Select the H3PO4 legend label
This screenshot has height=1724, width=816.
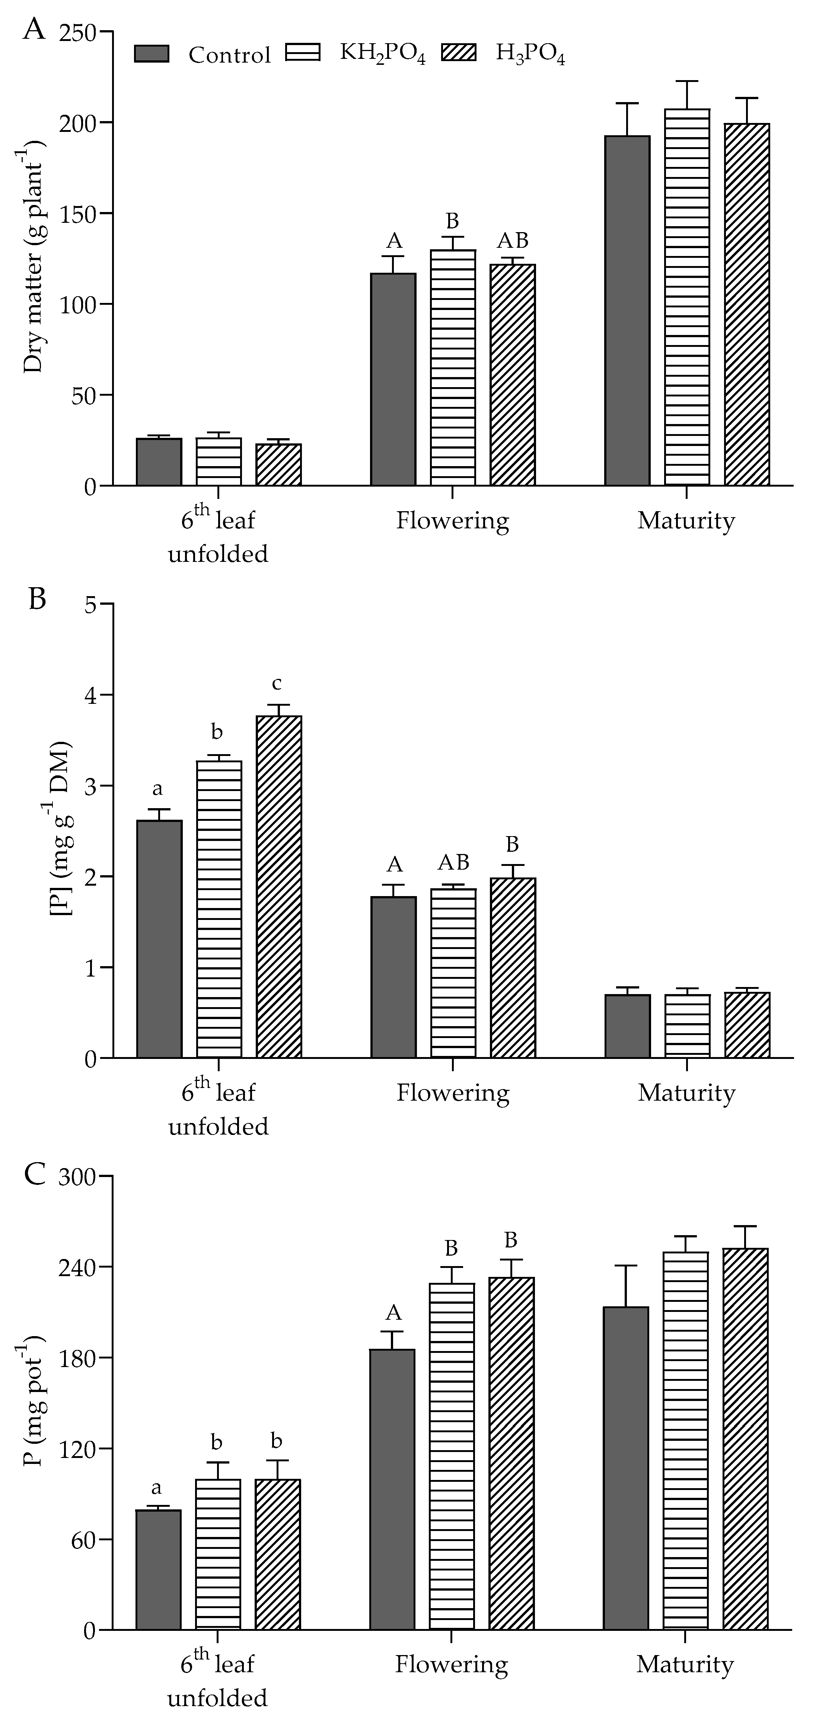[x=530, y=54]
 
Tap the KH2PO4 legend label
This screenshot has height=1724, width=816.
[x=382, y=54]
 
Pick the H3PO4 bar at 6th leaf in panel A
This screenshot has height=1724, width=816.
[x=278, y=465]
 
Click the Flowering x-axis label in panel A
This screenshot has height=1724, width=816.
[x=452, y=521]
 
